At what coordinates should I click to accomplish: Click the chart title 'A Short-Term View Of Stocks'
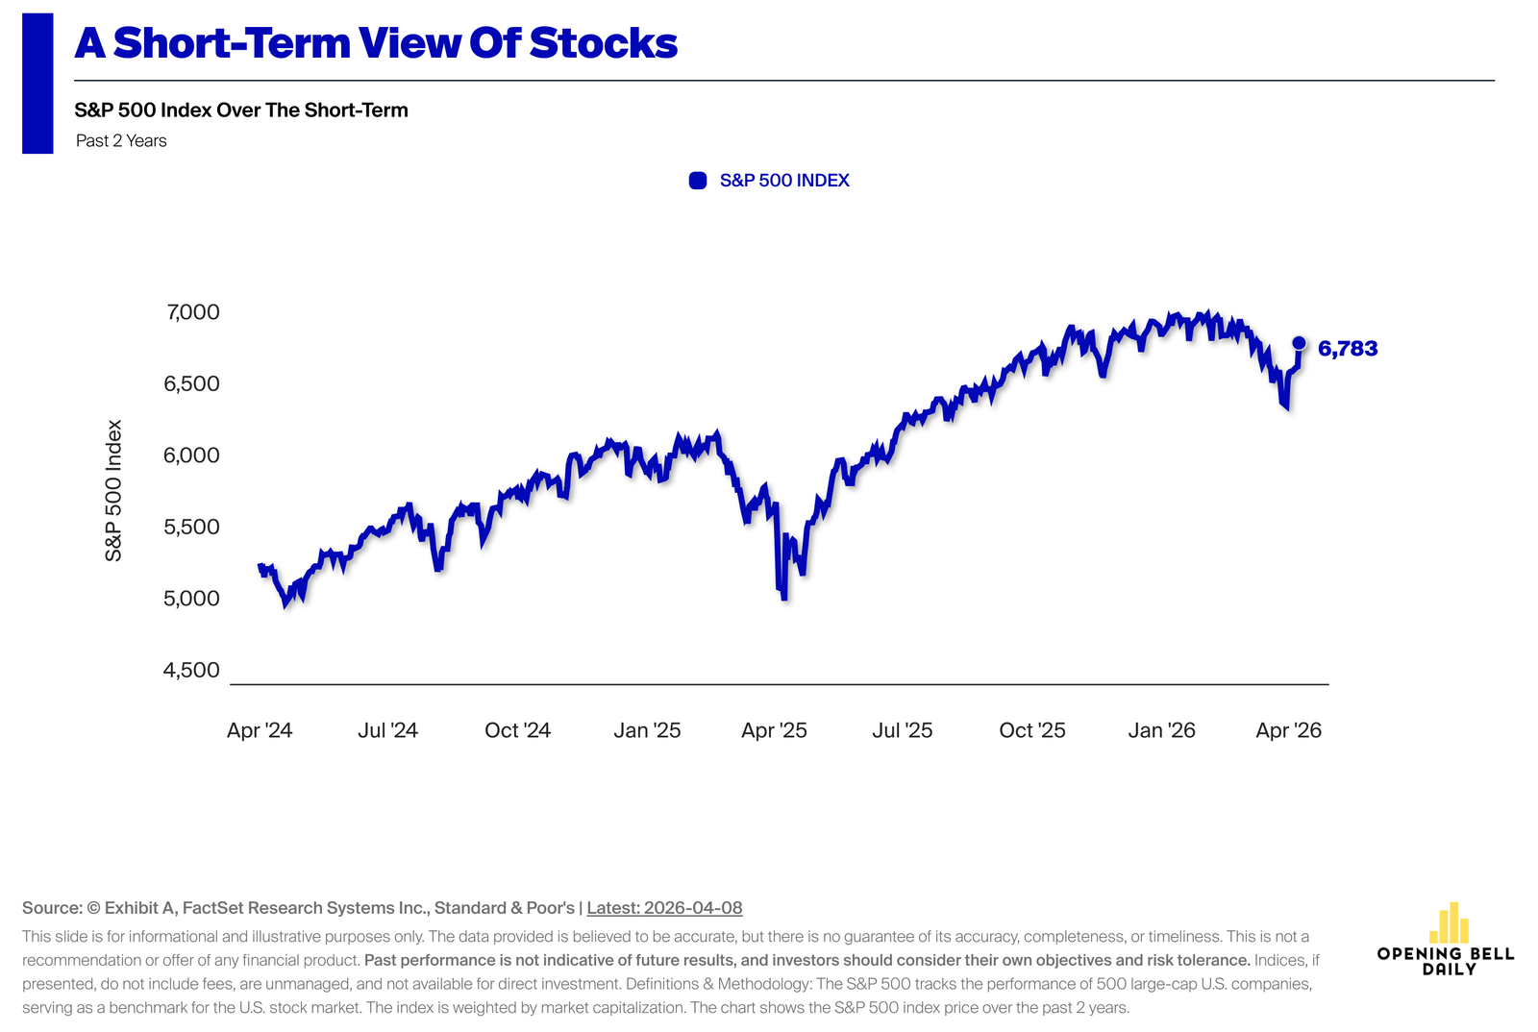click(x=376, y=43)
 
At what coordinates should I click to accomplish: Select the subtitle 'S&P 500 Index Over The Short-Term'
click(x=241, y=111)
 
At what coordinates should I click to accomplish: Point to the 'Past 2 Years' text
click(x=121, y=141)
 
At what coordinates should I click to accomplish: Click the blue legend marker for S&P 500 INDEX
click(x=698, y=181)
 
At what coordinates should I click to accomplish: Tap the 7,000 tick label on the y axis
click(x=192, y=312)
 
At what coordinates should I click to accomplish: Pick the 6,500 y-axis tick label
click(x=192, y=384)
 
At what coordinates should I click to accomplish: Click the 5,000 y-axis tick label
click(x=192, y=599)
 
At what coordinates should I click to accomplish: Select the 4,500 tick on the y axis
click(x=192, y=671)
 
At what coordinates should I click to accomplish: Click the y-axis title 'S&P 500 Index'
click(x=114, y=490)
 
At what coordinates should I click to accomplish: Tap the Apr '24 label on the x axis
click(x=260, y=730)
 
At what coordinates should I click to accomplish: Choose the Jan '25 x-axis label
click(x=647, y=730)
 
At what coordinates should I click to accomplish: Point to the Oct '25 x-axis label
click(x=1032, y=730)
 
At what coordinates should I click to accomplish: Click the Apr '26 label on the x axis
click(x=1289, y=730)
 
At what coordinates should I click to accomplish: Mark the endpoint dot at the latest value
click(x=1299, y=343)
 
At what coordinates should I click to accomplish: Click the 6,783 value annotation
click(x=1348, y=349)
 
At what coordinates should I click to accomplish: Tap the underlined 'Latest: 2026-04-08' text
click(x=664, y=908)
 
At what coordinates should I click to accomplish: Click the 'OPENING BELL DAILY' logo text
click(x=1446, y=961)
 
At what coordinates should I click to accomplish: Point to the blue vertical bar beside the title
click(x=37, y=84)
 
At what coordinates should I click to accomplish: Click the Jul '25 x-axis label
click(x=903, y=730)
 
